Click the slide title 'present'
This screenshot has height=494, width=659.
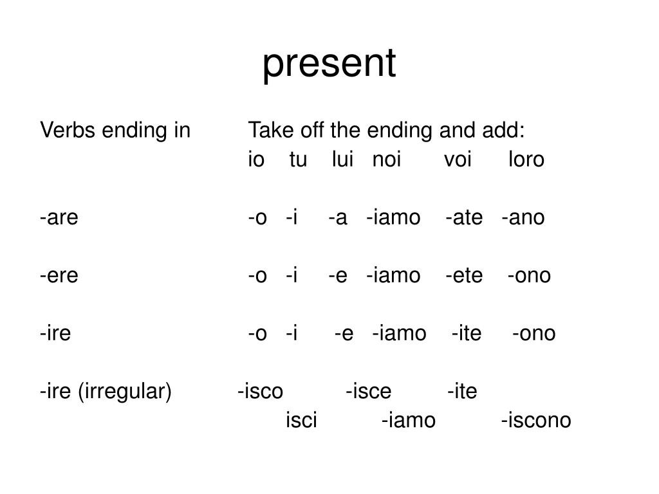coord(329,64)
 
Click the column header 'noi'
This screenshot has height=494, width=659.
coord(386,160)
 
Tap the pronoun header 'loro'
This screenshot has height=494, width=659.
coord(526,160)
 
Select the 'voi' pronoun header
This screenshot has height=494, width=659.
coord(458,160)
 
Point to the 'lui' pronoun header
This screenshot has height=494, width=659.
coord(343,160)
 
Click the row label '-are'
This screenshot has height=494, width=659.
coord(59,217)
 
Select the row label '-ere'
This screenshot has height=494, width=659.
coord(59,275)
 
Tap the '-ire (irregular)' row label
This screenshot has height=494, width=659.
coord(106,391)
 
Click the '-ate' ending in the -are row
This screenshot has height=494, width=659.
coord(463,217)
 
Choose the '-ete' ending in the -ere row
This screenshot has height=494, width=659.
coord(463,275)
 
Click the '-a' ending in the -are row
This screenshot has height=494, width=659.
coord(338,217)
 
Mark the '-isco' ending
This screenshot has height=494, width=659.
coord(260,391)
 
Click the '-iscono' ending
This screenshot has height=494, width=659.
coord(535,421)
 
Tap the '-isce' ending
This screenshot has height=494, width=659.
coord(368,391)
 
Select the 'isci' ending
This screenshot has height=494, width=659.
coord(301,421)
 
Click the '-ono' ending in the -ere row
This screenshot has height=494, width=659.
coord(529,275)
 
